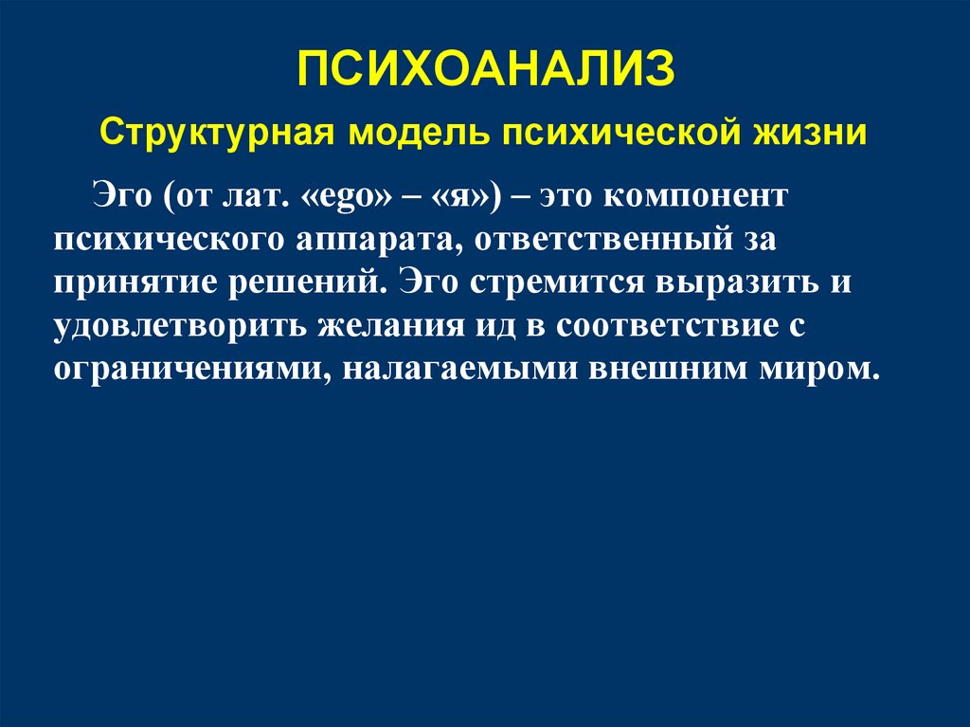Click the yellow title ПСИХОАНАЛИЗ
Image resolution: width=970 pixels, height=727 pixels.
click(x=486, y=70)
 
